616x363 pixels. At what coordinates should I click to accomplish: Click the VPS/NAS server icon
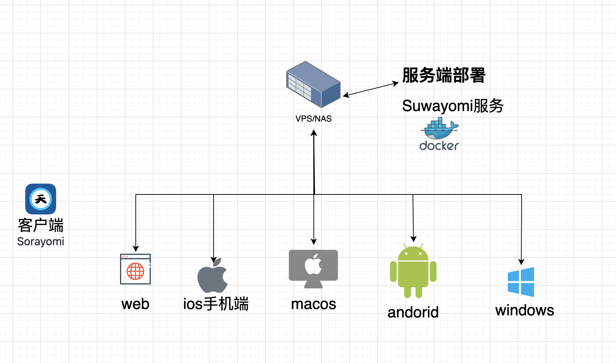[x=313, y=84]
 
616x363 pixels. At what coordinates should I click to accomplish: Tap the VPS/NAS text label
[x=313, y=119]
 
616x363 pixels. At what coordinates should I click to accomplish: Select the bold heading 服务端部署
[x=443, y=75]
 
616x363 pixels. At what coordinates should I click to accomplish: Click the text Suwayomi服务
[x=453, y=106]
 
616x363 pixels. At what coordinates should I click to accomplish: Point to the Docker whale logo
[x=439, y=129]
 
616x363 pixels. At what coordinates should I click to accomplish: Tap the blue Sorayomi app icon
[x=41, y=199]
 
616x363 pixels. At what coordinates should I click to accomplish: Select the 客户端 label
[x=41, y=225]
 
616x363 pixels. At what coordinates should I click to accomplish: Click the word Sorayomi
[x=41, y=241]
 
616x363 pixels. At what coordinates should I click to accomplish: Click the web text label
[x=135, y=304]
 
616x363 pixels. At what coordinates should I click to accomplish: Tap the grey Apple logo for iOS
[x=213, y=276]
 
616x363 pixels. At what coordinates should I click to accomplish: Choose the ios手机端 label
[x=216, y=304]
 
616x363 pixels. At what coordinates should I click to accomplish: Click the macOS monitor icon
[x=313, y=268]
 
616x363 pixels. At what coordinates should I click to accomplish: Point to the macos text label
[x=313, y=304]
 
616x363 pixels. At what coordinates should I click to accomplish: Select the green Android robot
[x=413, y=271]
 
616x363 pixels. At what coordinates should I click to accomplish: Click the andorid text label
[x=413, y=312]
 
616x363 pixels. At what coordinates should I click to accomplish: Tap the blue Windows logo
[x=521, y=282]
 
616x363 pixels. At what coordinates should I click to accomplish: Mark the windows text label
[x=524, y=310]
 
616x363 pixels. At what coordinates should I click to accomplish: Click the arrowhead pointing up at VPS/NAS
[x=314, y=133]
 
